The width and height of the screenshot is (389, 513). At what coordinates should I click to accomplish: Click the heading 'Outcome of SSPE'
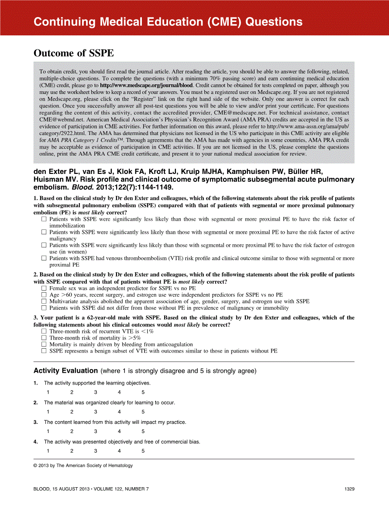coord(74,53)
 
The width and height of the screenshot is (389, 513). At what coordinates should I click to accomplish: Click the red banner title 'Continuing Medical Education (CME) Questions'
coord(168,22)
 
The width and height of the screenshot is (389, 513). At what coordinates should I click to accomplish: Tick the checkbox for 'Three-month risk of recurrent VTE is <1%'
coord(44,332)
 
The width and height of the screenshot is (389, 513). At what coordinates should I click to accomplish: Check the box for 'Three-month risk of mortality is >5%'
coord(44,338)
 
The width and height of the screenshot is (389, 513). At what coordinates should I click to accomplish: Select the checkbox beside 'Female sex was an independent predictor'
coord(44,288)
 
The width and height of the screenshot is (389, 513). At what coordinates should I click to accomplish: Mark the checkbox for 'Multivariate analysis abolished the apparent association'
coord(44,301)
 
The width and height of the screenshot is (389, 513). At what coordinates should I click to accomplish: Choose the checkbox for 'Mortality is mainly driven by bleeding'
coord(44,344)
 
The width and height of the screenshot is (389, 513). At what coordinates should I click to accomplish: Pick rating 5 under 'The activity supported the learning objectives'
coord(143,392)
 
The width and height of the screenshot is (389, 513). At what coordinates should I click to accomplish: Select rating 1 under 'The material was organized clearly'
coord(48,412)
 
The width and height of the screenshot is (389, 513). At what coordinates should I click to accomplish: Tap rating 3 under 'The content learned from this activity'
coord(96,431)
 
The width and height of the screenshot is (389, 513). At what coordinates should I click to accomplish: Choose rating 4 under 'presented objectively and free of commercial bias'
coord(119,451)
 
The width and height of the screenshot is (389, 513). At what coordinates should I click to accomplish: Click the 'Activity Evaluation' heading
coord(65,371)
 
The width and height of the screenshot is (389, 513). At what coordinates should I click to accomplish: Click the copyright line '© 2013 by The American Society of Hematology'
coord(83,465)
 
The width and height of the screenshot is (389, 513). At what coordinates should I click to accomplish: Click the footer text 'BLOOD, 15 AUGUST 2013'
coord(61,489)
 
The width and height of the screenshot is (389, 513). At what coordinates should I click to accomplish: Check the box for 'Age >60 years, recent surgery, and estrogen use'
coord(44,295)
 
